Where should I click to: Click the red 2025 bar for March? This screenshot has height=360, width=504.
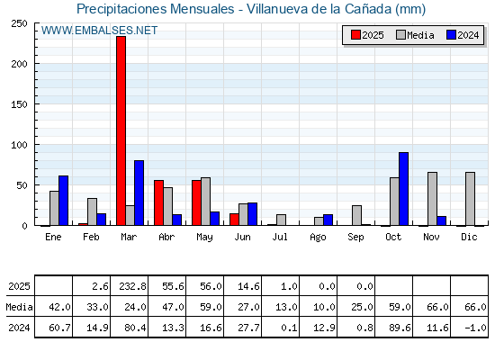(121, 130)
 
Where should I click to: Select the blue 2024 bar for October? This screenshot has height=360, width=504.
(404, 189)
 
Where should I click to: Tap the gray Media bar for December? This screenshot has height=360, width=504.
(470, 199)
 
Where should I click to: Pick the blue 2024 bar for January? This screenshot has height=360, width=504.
(63, 201)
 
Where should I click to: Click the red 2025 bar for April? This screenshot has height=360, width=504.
(158, 202)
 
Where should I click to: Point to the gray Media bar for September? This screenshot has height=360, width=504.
(356, 215)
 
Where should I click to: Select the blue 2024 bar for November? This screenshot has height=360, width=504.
(442, 220)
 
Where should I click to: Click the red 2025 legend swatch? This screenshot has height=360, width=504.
(355, 35)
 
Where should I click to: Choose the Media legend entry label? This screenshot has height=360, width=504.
(420, 35)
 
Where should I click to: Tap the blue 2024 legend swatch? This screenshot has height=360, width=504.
(451, 35)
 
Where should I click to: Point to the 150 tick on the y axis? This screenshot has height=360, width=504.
(36, 103)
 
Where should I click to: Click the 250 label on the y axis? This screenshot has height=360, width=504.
(19, 23)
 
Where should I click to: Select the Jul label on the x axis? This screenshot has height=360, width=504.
(280, 237)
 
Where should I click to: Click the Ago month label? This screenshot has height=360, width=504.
(318, 238)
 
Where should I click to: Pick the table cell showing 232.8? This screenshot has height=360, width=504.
(130, 285)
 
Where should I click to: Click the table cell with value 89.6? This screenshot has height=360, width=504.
(394, 327)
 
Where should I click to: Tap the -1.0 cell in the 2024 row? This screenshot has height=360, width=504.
(469, 327)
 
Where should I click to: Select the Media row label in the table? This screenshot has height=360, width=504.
(19, 307)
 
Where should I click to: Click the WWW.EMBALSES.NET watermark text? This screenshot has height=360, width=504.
(99, 31)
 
